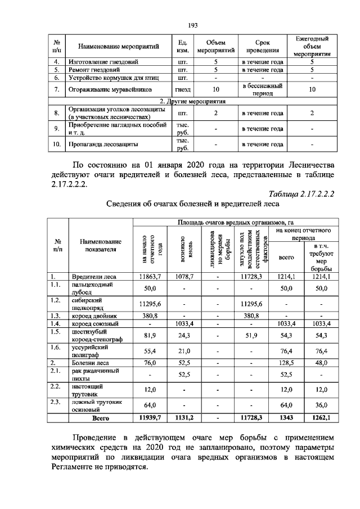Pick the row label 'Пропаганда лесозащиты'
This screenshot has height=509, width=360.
(103, 145)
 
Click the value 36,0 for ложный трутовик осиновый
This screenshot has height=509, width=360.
(321, 406)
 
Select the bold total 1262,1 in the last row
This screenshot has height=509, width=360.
(321, 418)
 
